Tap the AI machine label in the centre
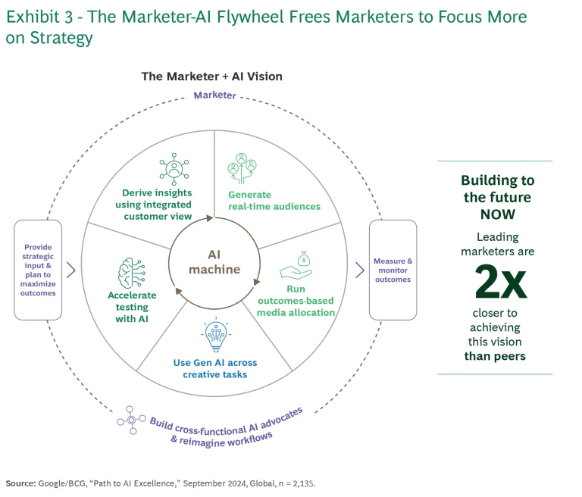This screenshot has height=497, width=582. click(214, 262)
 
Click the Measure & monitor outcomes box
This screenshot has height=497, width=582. click(393, 270)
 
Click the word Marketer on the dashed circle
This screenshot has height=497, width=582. click(214, 95)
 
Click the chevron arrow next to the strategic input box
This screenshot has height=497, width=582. click(71, 269)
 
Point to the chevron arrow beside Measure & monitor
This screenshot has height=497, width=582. click(359, 269)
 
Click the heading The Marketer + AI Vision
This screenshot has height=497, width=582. click(212, 77)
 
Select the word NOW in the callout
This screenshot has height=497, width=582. click(498, 214)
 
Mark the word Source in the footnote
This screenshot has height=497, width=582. click(21, 482)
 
